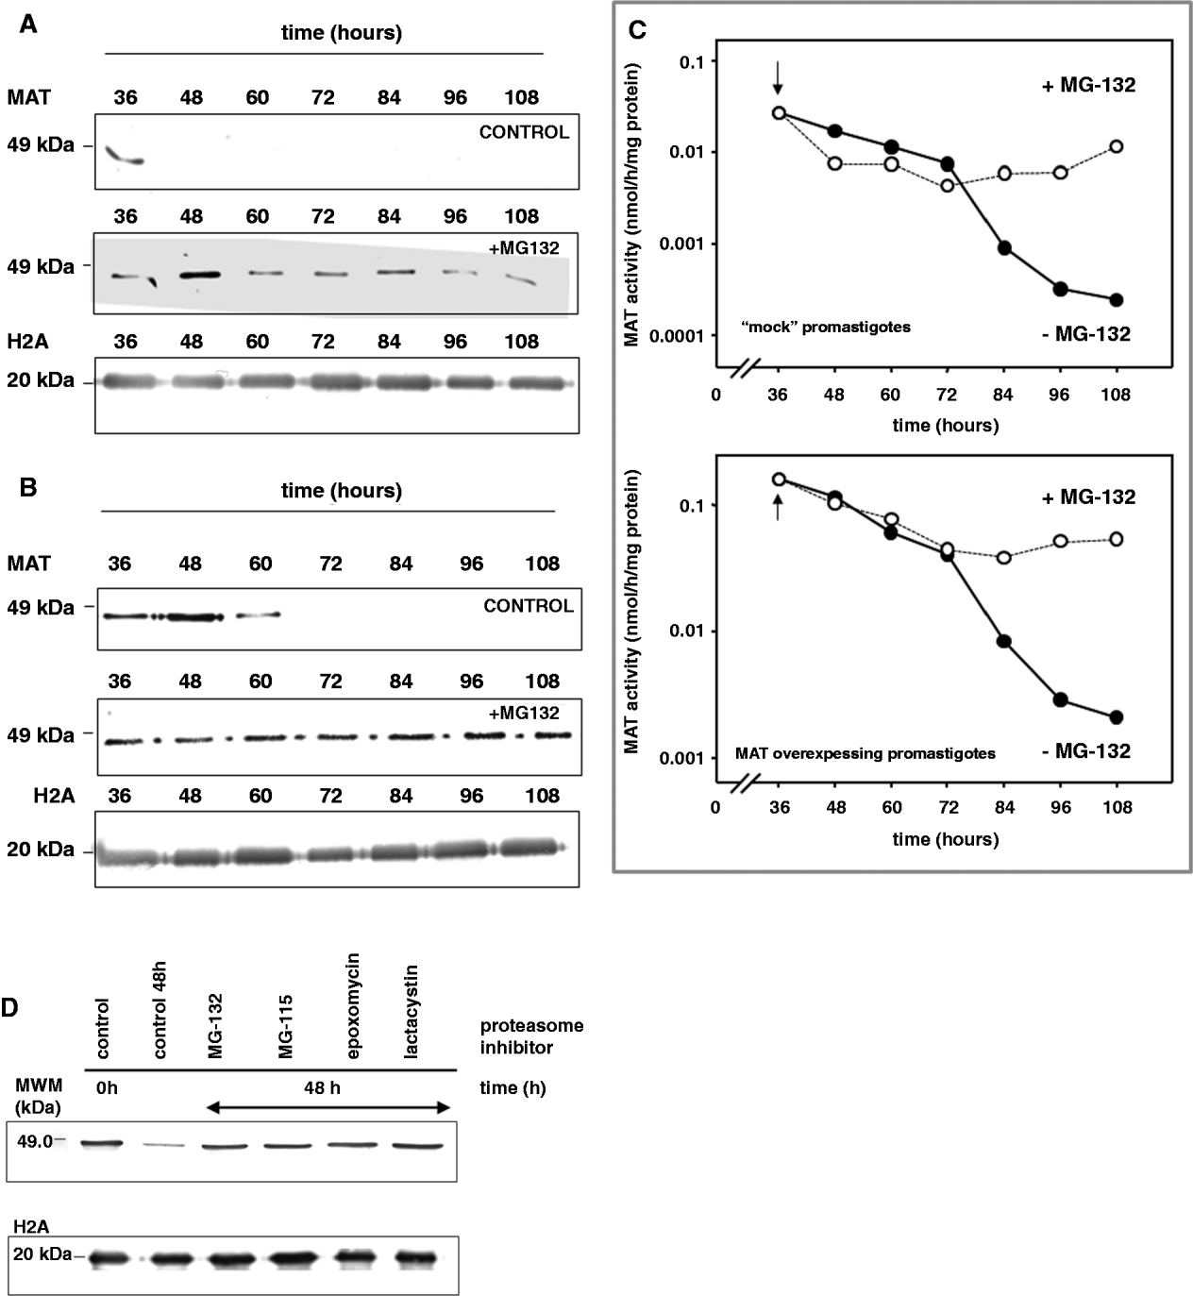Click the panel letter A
(29, 25)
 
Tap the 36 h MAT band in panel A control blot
(124, 156)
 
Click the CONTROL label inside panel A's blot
(524, 132)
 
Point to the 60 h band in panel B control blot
(259, 614)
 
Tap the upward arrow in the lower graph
(779, 509)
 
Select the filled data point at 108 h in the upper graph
(1117, 300)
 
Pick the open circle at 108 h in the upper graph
(1117, 146)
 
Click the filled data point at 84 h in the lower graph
(1004, 642)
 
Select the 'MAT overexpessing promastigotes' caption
(865, 754)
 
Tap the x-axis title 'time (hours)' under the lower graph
(946, 838)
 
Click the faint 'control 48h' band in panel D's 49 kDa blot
(164, 1145)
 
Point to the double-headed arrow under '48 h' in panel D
(328, 1107)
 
